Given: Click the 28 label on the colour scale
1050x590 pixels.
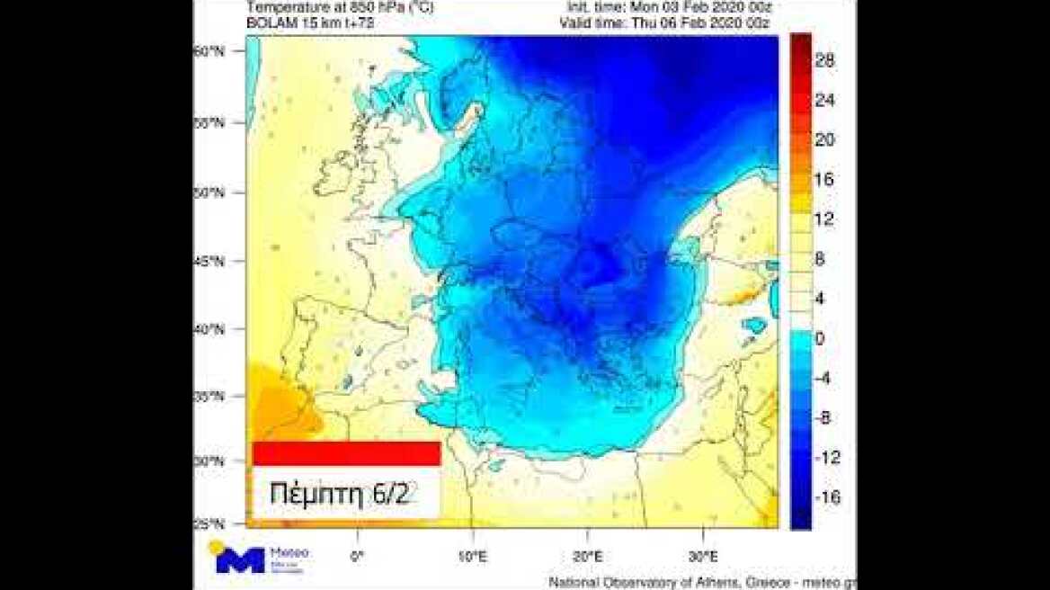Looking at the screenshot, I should pos(824,61).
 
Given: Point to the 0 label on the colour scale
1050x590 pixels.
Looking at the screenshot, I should pos(821,338).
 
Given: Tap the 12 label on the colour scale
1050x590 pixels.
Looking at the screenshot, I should pos(824,219).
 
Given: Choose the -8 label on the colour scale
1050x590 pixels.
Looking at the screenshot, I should pos(824,418).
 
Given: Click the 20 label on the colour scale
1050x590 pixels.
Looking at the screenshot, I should pos(824,139).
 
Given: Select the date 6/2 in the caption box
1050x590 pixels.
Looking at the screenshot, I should pos(392,494).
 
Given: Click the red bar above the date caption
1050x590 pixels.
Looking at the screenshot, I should pos(346,453).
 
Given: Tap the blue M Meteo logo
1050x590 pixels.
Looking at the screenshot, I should pos(241,560).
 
